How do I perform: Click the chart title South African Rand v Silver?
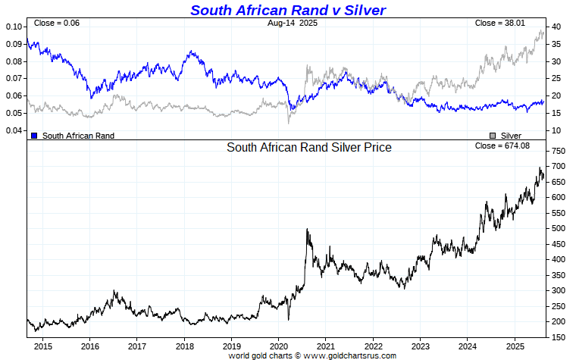coord(287,10)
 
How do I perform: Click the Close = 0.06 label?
coord(57,23)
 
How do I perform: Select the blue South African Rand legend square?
coord(33,136)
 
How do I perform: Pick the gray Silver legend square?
coord(493,136)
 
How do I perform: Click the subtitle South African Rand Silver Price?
coord(309,148)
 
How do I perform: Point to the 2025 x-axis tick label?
coord(515,346)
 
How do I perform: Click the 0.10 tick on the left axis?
coord(14,27)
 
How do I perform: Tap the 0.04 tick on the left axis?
coord(14,131)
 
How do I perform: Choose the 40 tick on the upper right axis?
coord(556,27)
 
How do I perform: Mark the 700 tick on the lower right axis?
coord(559,166)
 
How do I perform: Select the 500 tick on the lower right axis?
coord(559,228)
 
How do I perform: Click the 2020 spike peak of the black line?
coord(307,229)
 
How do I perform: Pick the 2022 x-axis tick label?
coord(373,346)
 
